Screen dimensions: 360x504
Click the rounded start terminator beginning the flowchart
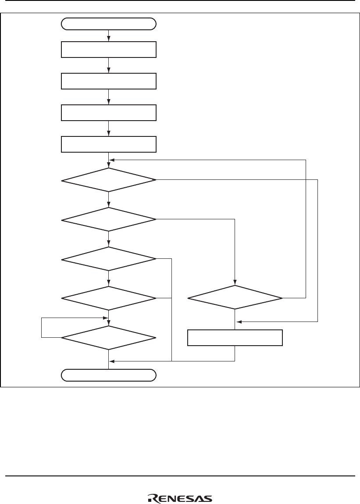coord(108,24)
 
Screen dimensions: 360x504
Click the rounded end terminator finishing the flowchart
coord(108,375)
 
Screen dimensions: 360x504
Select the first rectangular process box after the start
coord(108,50)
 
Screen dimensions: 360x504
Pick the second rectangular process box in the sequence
coord(108,81)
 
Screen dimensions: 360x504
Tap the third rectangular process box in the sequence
coord(108,113)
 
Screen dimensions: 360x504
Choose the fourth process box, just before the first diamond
coord(108,144)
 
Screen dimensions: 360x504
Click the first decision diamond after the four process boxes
coord(108,180)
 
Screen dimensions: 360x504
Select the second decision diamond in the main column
coord(108,219)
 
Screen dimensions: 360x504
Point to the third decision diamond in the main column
coord(108,259)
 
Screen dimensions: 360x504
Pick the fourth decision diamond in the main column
coord(108,298)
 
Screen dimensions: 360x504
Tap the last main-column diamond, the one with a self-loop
coord(108,338)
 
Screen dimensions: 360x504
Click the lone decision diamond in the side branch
coord(235,298)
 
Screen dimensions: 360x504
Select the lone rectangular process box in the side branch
coord(235,338)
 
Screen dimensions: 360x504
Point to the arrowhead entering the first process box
coord(108,39)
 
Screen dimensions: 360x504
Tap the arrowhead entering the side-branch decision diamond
coord(235,284)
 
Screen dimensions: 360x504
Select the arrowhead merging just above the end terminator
coord(111,361)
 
